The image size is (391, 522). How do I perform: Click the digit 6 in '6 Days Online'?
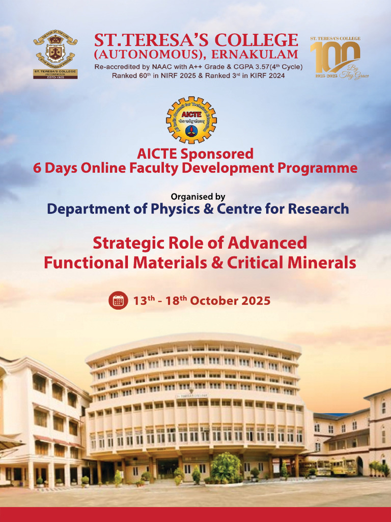37,168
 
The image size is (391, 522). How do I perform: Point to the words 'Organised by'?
198,196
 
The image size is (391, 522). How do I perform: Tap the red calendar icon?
118,300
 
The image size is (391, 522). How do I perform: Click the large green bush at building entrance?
226,466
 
